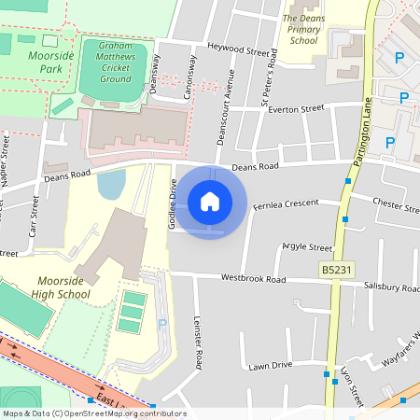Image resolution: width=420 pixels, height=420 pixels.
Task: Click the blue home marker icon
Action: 210,201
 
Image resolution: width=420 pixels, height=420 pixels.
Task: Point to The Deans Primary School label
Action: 304,29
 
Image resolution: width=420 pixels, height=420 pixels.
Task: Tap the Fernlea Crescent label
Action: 287,203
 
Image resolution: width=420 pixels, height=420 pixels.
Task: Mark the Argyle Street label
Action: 307,248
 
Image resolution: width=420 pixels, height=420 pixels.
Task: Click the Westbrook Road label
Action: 253,278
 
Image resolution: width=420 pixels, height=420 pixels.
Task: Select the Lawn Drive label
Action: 271,365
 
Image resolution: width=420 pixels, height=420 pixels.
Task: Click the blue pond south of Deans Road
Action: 110,184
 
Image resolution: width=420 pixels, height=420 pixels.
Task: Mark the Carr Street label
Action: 35,214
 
